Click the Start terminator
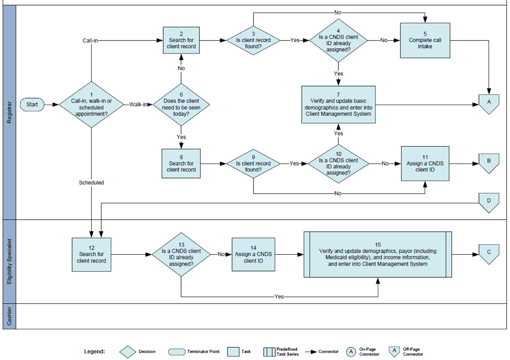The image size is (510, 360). [x=32, y=104]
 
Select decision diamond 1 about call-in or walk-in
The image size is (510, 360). [x=92, y=105]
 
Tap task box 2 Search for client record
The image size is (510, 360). [x=181, y=40]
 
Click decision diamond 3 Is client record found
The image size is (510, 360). [x=253, y=40]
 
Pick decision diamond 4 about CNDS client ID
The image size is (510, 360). [x=338, y=40]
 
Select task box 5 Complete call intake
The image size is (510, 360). [x=425, y=40]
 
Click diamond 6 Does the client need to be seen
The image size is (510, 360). [x=181, y=105]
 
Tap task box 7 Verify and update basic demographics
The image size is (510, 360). [x=338, y=105]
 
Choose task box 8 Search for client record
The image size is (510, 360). [x=181, y=163]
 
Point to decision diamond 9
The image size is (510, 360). [x=253, y=163]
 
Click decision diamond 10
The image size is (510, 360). [x=338, y=163]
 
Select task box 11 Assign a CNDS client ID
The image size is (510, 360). [x=425, y=163]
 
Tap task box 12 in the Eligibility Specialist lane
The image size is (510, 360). [x=92, y=254]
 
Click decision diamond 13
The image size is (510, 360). [x=181, y=254]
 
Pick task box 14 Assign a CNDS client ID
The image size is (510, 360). [x=253, y=254]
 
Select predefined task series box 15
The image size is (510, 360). [x=377, y=254]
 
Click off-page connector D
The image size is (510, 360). [x=489, y=202]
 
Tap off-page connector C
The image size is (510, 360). [x=489, y=253]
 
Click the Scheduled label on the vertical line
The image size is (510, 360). [x=92, y=182]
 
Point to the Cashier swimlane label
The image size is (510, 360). [x=9, y=316]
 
